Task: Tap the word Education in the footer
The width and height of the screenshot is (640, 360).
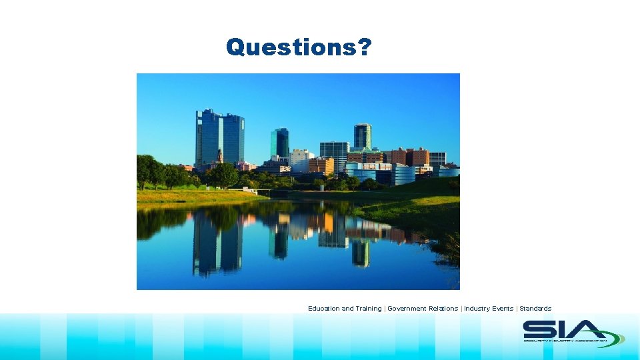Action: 323,309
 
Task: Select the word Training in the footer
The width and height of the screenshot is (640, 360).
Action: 369,309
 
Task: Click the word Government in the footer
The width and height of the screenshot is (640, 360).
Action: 407,309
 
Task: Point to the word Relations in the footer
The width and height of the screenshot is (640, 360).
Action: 443,309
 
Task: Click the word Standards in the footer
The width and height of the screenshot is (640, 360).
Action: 535,309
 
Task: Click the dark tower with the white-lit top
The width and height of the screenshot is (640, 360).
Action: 363,136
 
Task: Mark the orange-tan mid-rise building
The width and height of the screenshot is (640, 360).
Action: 321,165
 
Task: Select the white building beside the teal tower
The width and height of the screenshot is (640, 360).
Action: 299,159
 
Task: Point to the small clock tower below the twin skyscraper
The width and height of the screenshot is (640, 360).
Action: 220,157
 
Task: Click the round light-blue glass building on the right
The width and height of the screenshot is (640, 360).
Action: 402,174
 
